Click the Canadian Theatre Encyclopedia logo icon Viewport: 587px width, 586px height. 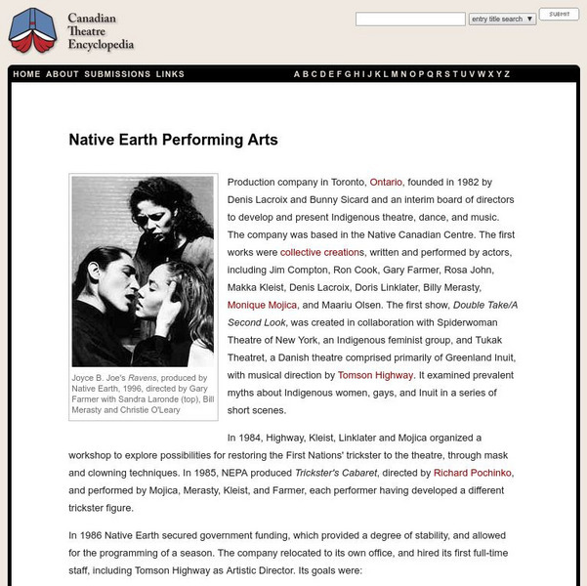coord(31,30)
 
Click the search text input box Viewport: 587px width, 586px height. coord(410,19)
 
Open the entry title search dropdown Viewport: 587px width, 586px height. coord(502,19)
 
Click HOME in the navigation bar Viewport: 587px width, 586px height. coord(27,74)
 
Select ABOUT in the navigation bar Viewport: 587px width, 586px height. coord(63,74)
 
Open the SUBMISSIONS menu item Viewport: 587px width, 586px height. coord(117,74)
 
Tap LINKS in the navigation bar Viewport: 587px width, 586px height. coord(170,74)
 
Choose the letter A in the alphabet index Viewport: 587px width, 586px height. coord(297,74)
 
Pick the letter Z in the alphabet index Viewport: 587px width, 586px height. coord(506,74)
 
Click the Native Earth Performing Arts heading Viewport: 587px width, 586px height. coord(173,140)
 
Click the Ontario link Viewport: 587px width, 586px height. coord(386,182)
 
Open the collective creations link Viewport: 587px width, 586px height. coord(321,252)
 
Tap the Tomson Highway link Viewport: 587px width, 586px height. coord(376,375)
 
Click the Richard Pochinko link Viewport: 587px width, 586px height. coord(473,473)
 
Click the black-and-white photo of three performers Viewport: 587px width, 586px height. coord(143,271)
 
